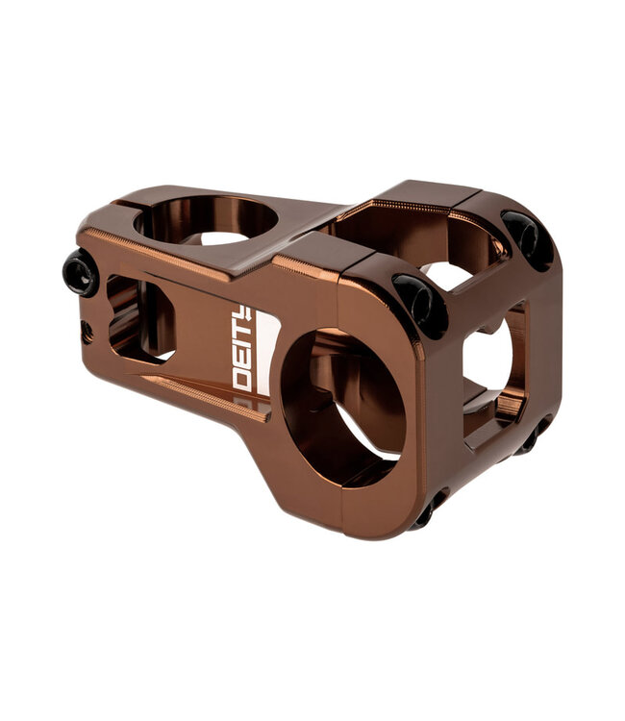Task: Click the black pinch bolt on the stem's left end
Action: point(81,273)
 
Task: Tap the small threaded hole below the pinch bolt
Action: point(87,330)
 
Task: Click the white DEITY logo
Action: point(242,347)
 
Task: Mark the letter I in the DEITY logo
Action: point(242,346)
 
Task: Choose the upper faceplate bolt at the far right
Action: point(528,238)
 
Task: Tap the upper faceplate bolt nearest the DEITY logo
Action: point(420,302)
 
